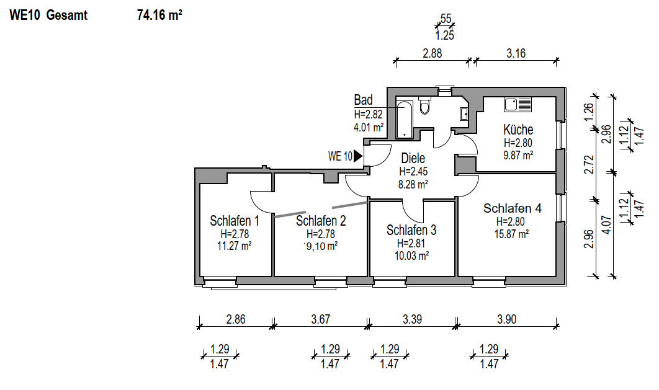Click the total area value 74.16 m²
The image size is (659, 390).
(x=159, y=16)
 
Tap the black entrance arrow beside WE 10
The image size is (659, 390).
(x=358, y=156)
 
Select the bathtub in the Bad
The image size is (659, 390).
(x=405, y=119)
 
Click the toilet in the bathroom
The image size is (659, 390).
(x=425, y=107)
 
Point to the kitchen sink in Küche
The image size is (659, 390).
(x=518, y=104)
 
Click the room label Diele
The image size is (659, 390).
(x=413, y=159)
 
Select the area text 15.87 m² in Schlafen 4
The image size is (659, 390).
(x=512, y=234)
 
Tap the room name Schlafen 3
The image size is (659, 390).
(x=411, y=230)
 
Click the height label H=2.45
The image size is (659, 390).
(x=413, y=172)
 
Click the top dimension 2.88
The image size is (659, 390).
(x=432, y=53)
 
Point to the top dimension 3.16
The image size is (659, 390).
(x=516, y=53)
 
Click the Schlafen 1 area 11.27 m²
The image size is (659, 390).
(x=235, y=246)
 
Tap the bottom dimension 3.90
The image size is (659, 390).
(x=506, y=320)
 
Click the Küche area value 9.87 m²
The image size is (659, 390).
(x=518, y=156)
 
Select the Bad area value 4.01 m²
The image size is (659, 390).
(x=369, y=126)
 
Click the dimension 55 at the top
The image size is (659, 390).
(x=445, y=19)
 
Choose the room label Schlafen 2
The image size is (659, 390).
(x=321, y=221)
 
